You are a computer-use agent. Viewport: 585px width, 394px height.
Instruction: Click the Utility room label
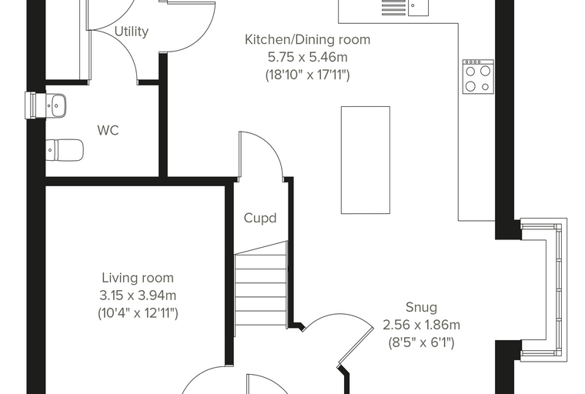pos(132,32)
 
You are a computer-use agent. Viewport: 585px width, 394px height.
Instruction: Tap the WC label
pos(109,130)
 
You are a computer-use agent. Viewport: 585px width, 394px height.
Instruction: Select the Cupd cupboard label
pos(260,218)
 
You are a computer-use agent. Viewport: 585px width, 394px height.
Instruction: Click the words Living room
pos(138,278)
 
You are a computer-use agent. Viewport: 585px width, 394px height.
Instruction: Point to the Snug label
pos(421,308)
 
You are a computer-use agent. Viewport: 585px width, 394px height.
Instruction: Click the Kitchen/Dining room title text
pos(307,39)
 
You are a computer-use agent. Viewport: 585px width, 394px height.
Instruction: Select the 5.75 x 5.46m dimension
pos(307,58)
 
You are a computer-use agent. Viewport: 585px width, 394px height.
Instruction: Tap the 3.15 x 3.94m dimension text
pos(138,295)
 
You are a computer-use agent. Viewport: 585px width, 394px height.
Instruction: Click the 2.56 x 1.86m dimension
pos(421,325)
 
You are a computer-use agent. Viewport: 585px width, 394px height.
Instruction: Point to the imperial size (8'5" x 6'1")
pos(421,342)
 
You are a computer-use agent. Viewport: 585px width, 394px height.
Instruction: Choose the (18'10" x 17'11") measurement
pos(307,75)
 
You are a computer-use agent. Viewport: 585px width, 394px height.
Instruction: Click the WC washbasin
pos(56,105)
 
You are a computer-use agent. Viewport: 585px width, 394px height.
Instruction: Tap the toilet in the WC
pos(65,150)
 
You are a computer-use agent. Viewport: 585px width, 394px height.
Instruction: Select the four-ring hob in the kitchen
pos(478,76)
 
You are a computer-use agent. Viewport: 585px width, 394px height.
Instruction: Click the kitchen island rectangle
pos(366,160)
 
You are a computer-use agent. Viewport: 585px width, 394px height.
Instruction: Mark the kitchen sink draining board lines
pos(393,8)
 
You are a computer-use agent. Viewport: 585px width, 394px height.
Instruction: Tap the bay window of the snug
pos(544,290)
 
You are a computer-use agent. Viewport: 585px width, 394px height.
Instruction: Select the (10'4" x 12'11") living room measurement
pos(138,313)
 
